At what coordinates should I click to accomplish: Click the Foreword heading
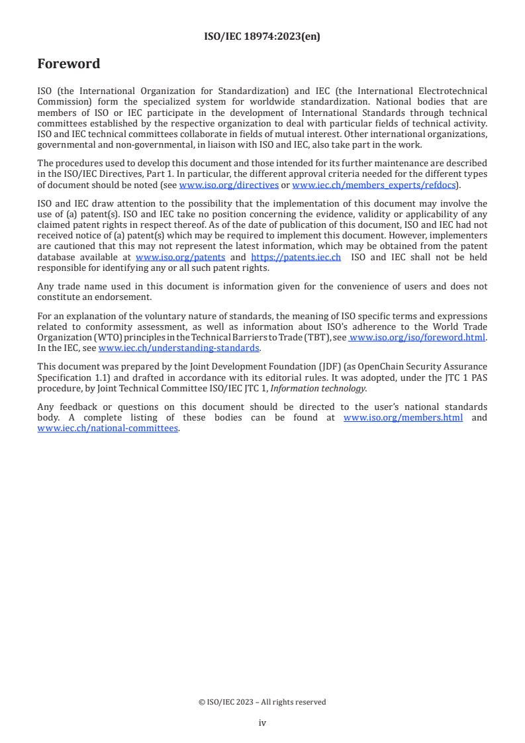tap(69, 64)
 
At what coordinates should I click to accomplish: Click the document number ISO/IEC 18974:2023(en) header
tap(262, 37)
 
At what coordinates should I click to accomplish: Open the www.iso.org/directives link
tap(228, 185)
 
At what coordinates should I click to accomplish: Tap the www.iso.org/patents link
tap(180, 257)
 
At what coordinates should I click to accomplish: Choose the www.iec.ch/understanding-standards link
tap(179, 348)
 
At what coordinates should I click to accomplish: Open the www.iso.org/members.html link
tap(403, 417)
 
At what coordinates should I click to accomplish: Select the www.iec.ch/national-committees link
tap(108, 428)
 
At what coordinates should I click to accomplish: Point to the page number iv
tap(262, 722)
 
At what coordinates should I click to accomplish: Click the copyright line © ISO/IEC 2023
tap(262, 702)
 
